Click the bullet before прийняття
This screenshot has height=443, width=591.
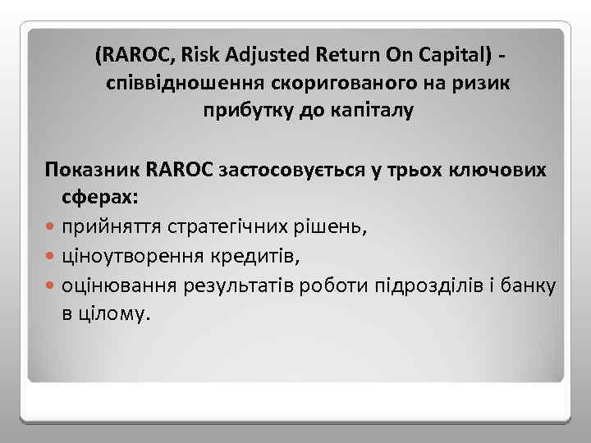tap(52, 227)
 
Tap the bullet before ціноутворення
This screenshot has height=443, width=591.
tap(52, 258)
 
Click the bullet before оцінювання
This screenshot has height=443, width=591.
tap(52, 287)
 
